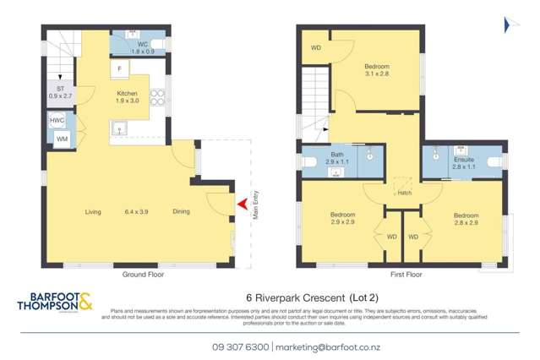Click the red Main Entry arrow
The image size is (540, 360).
[x=243, y=204]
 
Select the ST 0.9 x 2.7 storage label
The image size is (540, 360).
[x=61, y=92]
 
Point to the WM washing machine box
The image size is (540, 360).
[x=61, y=138]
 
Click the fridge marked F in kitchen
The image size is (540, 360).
[x=120, y=67]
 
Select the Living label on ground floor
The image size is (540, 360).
[x=93, y=211]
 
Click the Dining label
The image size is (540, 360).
[x=182, y=211]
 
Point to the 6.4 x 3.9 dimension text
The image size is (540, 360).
[x=137, y=211]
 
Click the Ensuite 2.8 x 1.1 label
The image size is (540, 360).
[x=464, y=162]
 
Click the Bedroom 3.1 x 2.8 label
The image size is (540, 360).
[x=377, y=70]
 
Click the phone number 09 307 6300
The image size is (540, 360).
[x=241, y=346]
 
